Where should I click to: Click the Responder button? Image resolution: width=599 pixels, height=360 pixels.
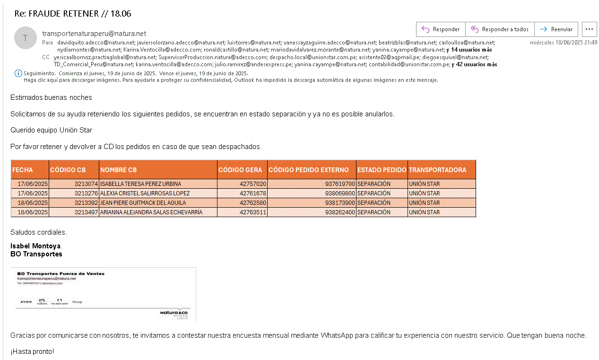(x=441, y=29)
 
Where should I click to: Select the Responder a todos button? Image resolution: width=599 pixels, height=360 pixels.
(x=500, y=29)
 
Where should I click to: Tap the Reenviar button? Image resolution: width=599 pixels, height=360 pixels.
(x=556, y=29)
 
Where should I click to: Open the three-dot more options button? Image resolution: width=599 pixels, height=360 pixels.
(x=589, y=29)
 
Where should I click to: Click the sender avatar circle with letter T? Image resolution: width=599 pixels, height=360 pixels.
(x=26, y=38)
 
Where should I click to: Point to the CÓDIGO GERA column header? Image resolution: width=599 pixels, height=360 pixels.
(x=240, y=170)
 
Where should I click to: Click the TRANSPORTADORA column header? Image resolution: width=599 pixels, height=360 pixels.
(x=437, y=170)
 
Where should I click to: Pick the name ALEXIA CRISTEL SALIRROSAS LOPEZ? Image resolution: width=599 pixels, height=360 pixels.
(x=145, y=193)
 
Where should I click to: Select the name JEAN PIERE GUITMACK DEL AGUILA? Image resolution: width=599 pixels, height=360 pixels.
(x=143, y=203)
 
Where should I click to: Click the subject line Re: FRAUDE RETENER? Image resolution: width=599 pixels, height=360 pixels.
(x=73, y=13)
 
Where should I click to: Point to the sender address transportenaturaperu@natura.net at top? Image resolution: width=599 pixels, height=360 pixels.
(x=94, y=34)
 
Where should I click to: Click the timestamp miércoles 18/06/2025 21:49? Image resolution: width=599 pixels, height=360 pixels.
(x=564, y=43)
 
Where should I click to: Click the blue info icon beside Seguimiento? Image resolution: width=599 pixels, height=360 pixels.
(x=18, y=73)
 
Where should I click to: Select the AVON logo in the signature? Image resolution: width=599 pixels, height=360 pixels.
(x=26, y=302)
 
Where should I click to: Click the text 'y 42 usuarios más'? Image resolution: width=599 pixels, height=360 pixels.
(x=474, y=64)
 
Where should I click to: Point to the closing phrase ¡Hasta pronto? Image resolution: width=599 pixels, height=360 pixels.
(x=32, y=352)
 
